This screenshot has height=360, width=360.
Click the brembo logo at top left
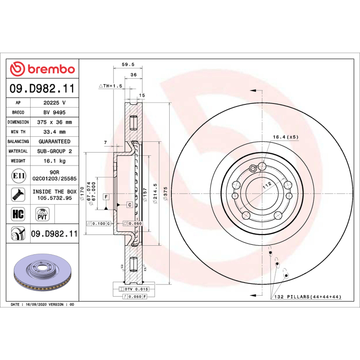click(x=42, y=69)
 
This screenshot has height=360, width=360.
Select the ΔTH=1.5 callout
click(x=111, y=85)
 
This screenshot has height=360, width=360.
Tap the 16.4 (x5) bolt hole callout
click(x=285, y=136)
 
